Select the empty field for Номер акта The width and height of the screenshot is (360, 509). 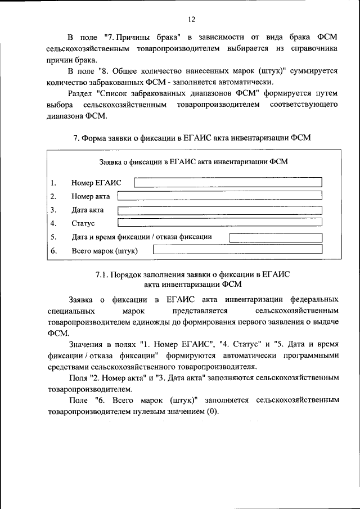tap(219, 195)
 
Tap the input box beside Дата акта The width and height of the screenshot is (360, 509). tap(219, 210)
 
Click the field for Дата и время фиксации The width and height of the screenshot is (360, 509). tap(275, 237)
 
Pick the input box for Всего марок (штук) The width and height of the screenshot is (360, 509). tap(237, 250)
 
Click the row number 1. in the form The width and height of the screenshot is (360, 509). tap(53, 183)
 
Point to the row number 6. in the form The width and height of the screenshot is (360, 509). tap(53, 251)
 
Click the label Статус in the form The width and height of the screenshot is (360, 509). tap(83, 224)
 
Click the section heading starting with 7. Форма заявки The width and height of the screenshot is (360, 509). tap(192, 137)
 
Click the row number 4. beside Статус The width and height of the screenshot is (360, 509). tap(53, 224)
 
